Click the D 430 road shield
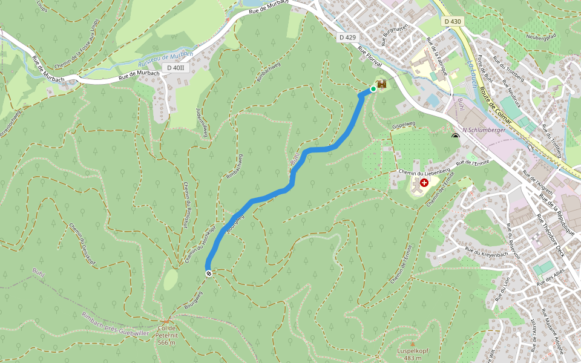(x=453, y=22)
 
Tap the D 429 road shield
(x=347, y=38)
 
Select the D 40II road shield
(x=179, y=68)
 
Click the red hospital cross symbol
(x=424, y=182)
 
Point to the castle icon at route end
(x=382, y=85)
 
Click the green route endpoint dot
(x=373, y=89)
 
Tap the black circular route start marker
(x=209, y=274)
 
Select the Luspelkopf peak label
(x=413, y=354)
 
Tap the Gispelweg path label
(x=404, y=125)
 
